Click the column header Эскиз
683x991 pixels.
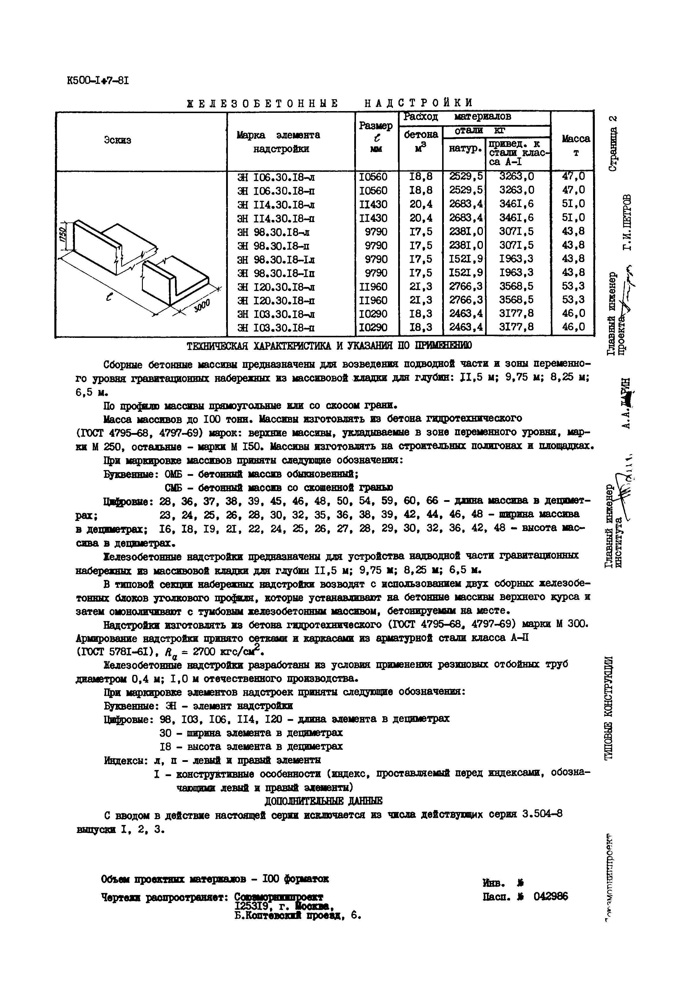[x=117, y=140]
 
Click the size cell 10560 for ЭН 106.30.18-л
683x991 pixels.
[x=373, y=177]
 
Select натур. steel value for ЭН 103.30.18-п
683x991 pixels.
[x=466, y=327]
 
